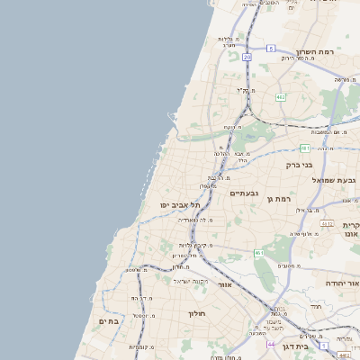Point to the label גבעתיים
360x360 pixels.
[x=245, y=193]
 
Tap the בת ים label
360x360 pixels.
[x=109, y=320]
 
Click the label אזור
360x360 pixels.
[x=225, y=284]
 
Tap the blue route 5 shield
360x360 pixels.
[x=271, y=48]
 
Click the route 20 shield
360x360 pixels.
[x=247, y=57]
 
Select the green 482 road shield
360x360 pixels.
[x=281, y=96]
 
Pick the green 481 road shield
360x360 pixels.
[x=306, y=148]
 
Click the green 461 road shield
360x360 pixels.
[x=259, y=254]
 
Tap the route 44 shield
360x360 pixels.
[x=269, y=344]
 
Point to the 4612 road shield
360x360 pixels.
[x=327, y=223]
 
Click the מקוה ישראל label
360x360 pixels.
[x=191, y=281]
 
